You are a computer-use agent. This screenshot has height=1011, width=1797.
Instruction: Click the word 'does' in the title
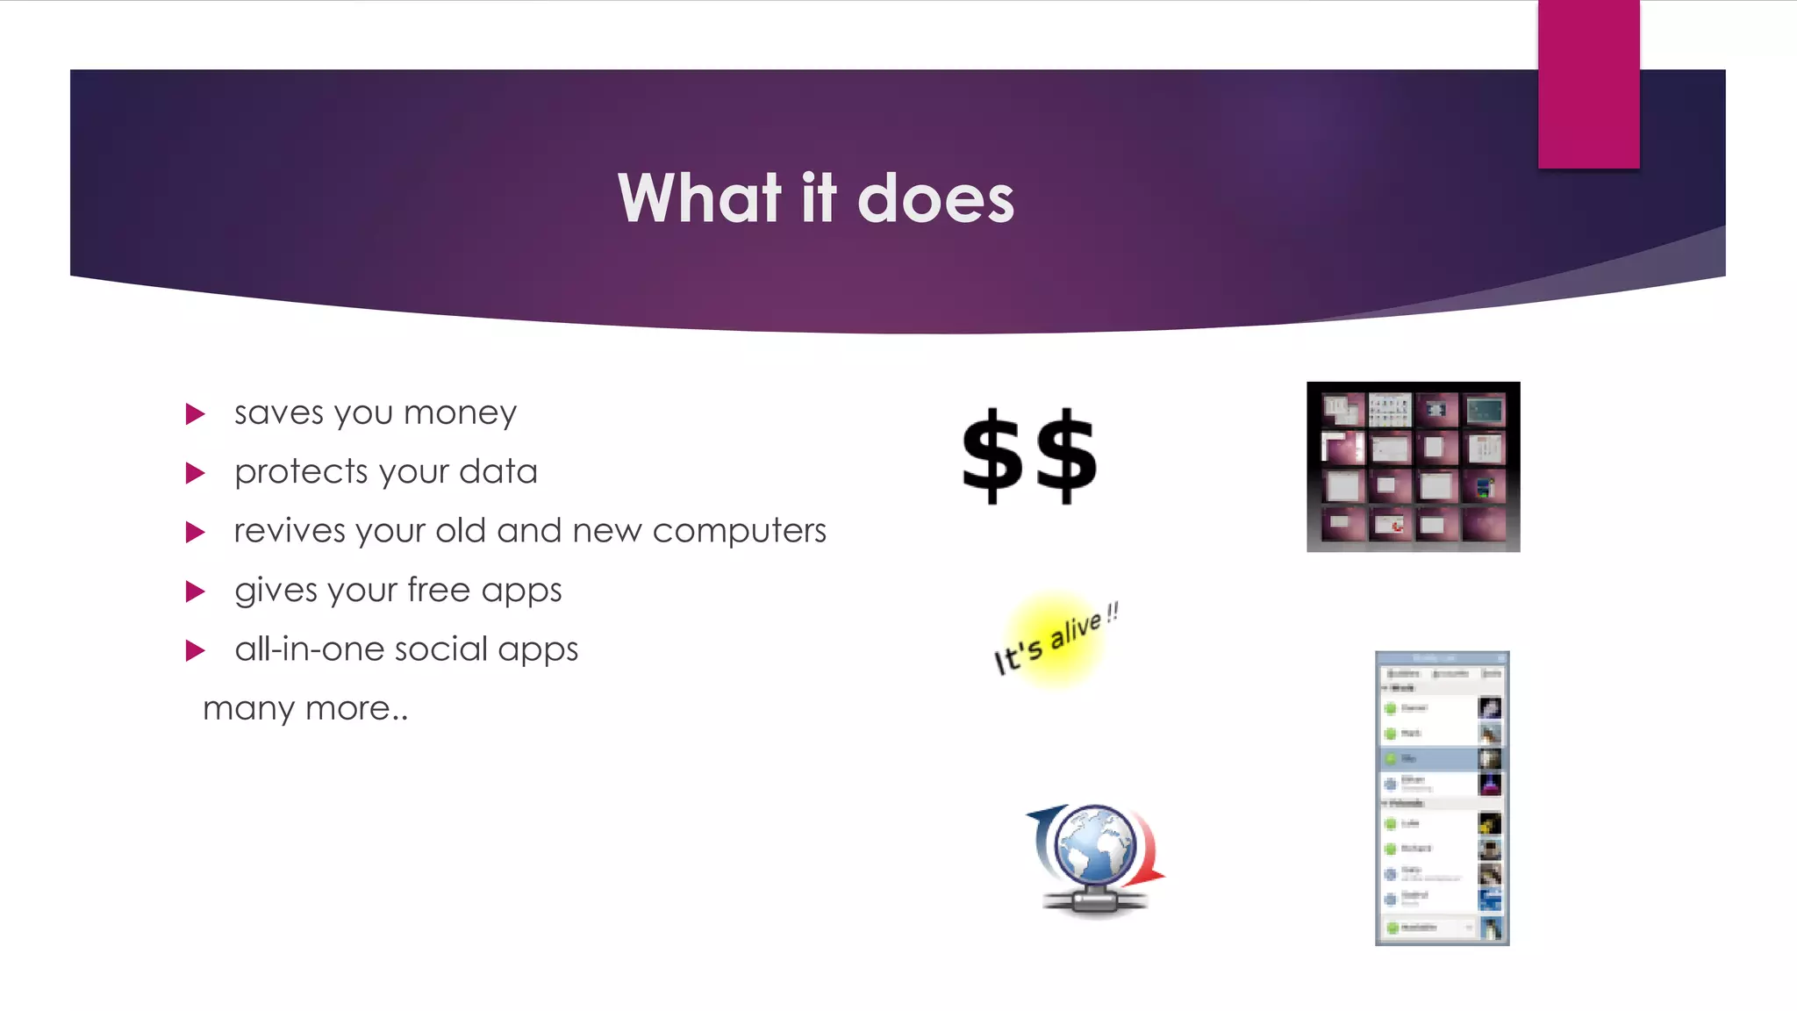[935, 199]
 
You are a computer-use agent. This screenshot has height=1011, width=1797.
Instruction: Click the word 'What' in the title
[699, 199]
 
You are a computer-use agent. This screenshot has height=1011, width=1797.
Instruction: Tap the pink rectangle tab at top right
[1588, 84]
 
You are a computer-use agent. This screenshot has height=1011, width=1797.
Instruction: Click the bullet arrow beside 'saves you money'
[195, 414]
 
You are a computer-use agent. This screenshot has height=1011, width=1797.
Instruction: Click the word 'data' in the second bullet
[498, 472]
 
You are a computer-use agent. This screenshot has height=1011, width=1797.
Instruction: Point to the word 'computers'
[739, 531]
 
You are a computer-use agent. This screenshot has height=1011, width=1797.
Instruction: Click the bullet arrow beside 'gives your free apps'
[195, 592]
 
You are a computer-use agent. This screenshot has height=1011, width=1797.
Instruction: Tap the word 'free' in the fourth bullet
[438, 590]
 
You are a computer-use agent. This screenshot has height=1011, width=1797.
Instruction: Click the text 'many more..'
[305, 708]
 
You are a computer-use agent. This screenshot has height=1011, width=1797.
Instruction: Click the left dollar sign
[992, 455]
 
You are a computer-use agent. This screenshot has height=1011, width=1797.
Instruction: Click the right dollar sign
[1066, 455]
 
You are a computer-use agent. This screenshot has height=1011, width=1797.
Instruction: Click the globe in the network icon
[1095, 845]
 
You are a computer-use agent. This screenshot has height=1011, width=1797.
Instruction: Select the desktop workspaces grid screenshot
[1413, 467]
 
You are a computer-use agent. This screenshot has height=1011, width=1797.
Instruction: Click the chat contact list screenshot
[1442, 798]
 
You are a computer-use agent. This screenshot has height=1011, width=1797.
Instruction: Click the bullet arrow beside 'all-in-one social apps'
[195, 650]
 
